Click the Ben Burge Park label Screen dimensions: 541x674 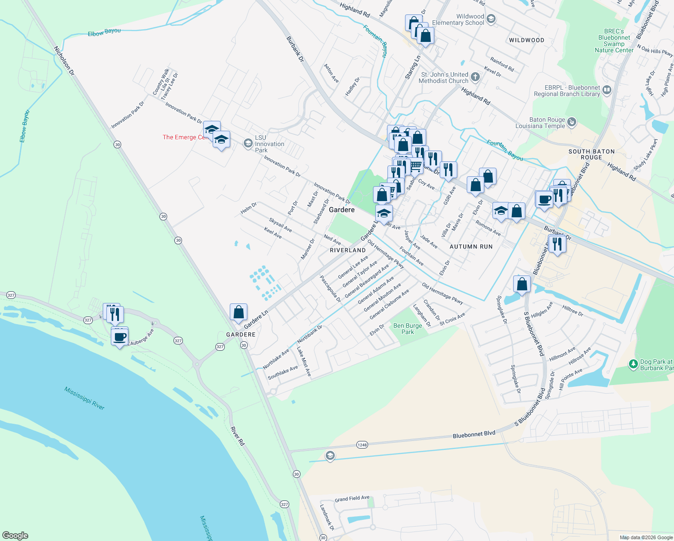coord(408,329)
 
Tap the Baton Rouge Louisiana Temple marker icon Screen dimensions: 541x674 coord(572,121)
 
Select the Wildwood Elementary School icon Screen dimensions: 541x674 coord(491,19)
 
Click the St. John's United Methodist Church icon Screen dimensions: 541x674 coord(475,77)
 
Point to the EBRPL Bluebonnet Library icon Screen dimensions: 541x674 coord(607,90)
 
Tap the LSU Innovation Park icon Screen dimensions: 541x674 coord(247,143)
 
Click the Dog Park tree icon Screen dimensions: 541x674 coord(633,363)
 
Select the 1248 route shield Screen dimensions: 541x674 coord(362,445)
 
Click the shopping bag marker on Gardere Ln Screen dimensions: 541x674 coord(238,312)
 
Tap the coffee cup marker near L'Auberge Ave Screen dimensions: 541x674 coord(120,337)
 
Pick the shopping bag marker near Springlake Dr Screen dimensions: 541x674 coord(522,284)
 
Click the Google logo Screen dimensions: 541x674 coord(15,536)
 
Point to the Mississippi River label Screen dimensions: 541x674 coord(84,398)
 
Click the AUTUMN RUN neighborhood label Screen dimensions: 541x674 coord(471,247)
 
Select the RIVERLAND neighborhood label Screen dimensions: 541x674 coord(348,250)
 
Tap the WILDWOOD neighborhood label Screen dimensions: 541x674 coord(526,40)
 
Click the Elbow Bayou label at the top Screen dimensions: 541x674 coord(104,32)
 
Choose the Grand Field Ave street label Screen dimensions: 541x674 coord(352,499)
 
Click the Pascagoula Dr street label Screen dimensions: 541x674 coord(330,289)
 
